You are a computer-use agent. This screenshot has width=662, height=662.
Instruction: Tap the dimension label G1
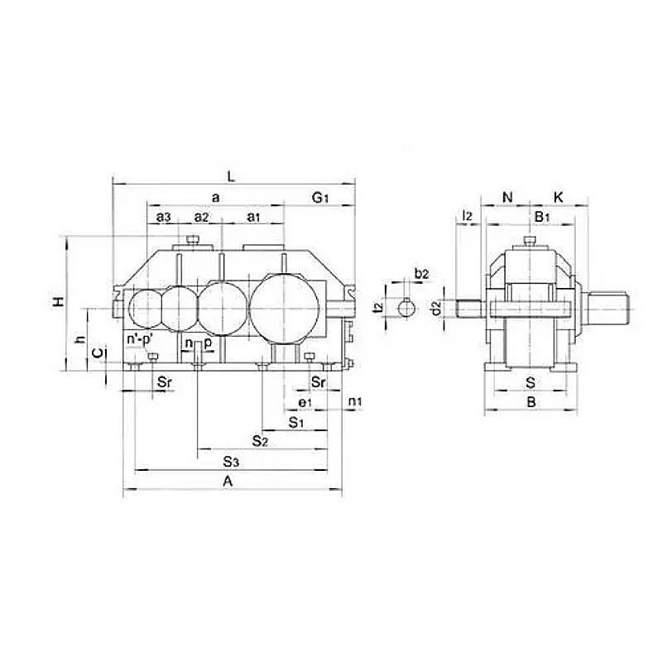pos(319,197)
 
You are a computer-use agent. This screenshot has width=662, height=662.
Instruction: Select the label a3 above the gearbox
pos(163,217)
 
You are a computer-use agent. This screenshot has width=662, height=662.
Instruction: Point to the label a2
pos(201,217)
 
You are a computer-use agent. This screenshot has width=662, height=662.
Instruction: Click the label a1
pos(253,217)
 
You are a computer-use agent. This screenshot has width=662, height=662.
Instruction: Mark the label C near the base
pos(97,353)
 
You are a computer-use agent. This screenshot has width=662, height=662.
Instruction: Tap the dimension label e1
pos(305,403)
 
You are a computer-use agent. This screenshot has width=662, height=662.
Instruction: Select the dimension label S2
pos(260,441)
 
